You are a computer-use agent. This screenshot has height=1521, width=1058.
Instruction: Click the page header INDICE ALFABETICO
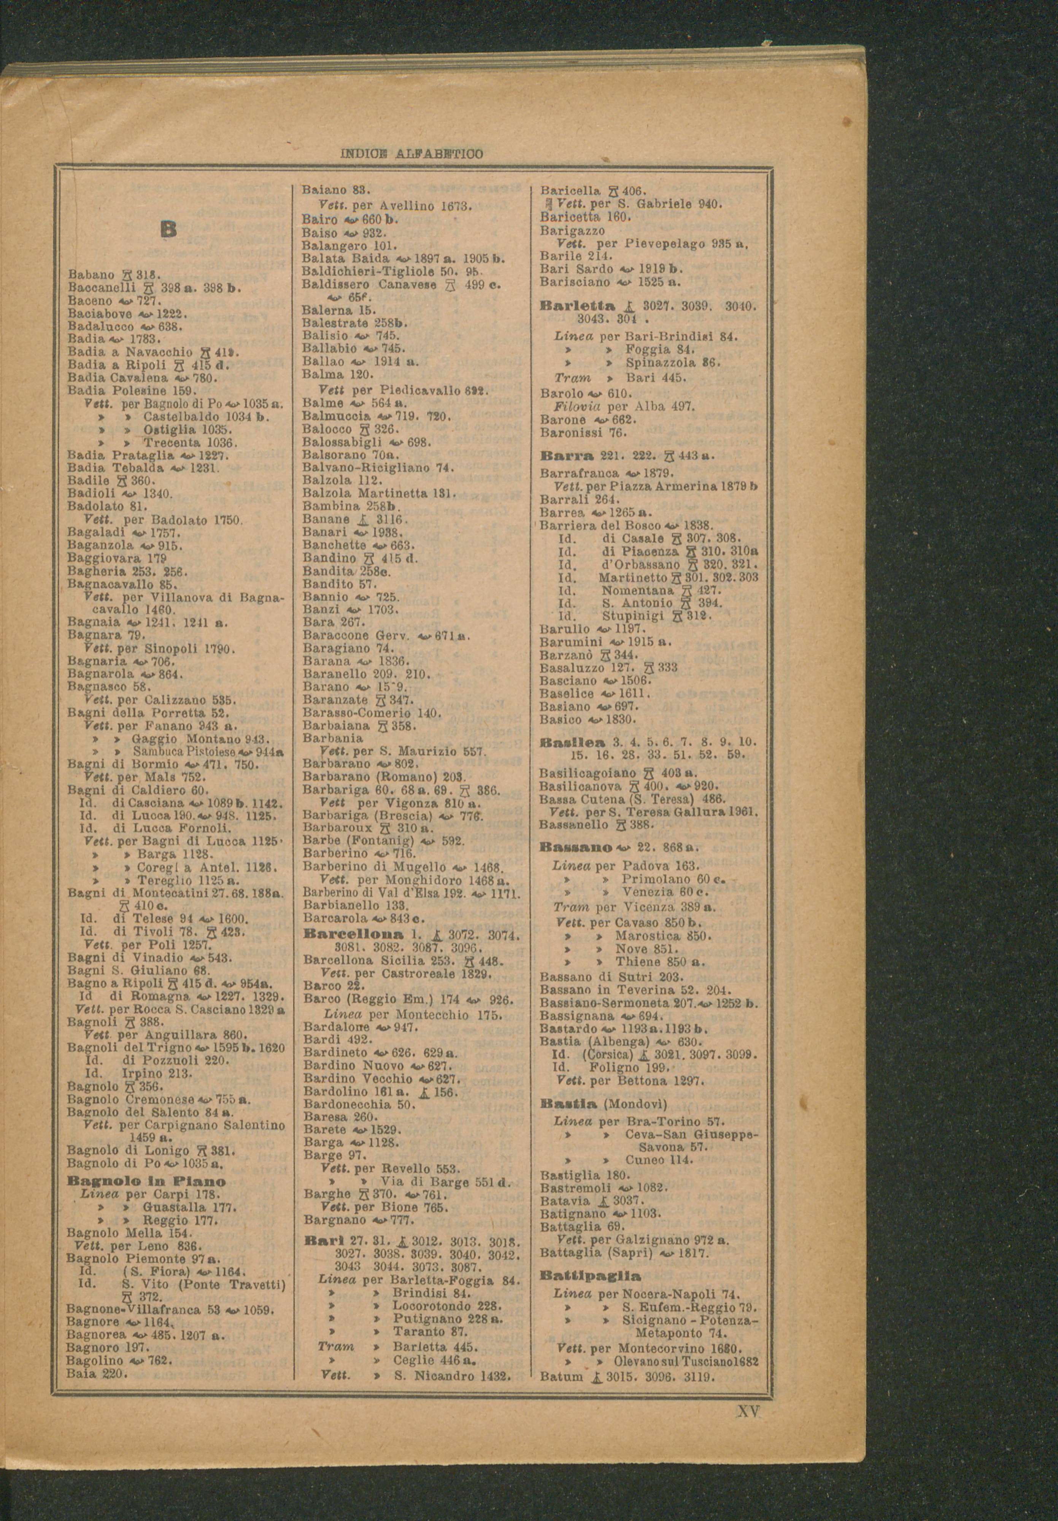(x=412, y=154)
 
